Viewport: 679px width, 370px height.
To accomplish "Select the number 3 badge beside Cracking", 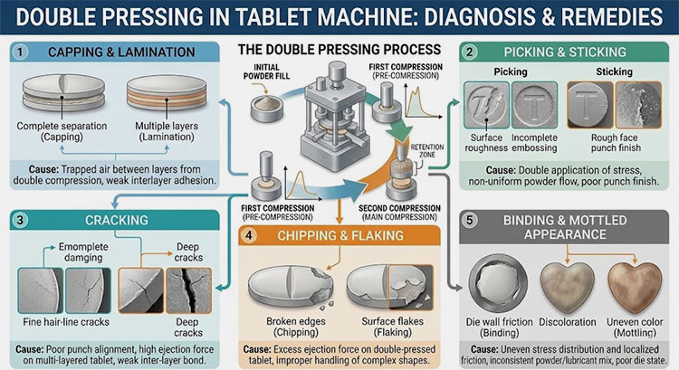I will pyautogui.click(x=20, y=219).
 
